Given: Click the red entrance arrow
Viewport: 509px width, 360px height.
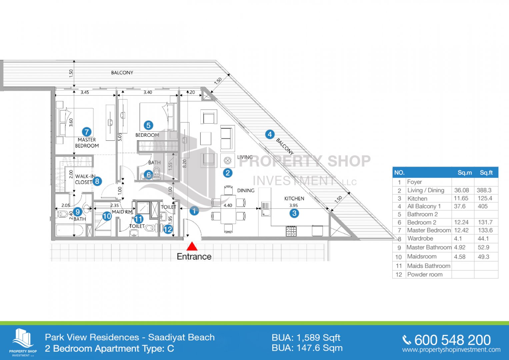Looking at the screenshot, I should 192,246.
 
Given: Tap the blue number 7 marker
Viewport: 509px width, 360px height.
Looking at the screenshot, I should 86,132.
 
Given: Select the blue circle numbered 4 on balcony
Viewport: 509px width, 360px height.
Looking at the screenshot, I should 270,134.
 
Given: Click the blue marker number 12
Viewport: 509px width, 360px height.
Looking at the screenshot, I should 168,229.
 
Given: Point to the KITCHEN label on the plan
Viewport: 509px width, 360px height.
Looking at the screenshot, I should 294,198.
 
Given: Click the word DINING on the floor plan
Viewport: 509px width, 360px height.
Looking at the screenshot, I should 246,190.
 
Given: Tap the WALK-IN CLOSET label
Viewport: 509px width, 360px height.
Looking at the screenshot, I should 85,179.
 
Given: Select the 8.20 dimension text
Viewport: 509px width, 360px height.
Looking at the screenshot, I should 184,163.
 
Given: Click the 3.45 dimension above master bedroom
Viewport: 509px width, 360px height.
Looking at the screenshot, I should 85,92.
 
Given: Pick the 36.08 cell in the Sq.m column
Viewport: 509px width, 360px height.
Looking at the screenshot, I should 461,190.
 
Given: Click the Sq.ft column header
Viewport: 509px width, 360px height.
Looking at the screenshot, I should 486,172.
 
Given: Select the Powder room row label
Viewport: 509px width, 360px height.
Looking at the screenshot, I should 425,274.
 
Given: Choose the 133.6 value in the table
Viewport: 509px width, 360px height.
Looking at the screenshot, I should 485,230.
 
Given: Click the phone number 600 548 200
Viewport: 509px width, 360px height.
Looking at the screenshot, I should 452,340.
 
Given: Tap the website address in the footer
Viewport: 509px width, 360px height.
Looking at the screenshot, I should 451,350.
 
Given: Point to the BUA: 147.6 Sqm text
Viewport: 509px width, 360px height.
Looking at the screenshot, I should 307,348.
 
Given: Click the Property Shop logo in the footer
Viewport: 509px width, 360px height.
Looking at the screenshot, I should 23,342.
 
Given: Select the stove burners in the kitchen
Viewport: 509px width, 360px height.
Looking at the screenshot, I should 291,231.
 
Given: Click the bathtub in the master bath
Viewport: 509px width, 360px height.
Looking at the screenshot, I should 70,230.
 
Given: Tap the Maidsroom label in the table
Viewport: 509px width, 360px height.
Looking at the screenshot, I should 422,257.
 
